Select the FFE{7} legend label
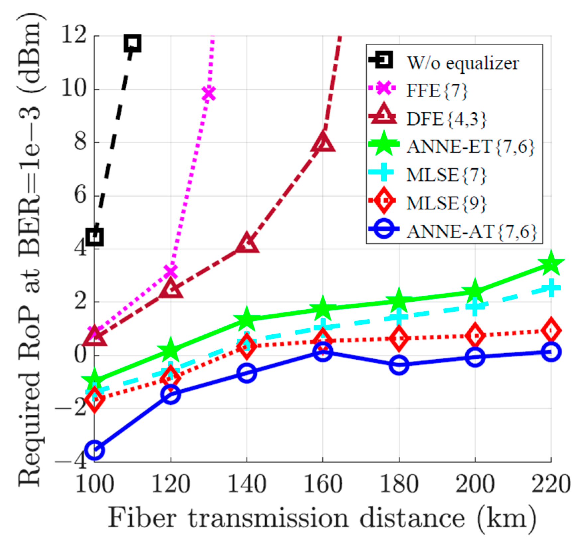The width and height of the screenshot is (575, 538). tap(437, 90)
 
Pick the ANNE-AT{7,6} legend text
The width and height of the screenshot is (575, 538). tap(471, 232)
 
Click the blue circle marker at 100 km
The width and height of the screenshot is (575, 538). tap(95, 450)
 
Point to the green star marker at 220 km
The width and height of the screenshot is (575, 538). tap(551, 264)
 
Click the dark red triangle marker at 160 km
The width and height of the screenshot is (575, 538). tap(323, 142)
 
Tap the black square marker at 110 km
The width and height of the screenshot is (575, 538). tap(133, 43)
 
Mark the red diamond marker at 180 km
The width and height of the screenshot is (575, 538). tap(399, 338)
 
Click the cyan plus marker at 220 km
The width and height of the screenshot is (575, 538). tap(551, 288)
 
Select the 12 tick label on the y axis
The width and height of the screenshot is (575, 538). tap(74, 35)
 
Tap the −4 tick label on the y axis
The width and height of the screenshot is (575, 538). tap(71, 461)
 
